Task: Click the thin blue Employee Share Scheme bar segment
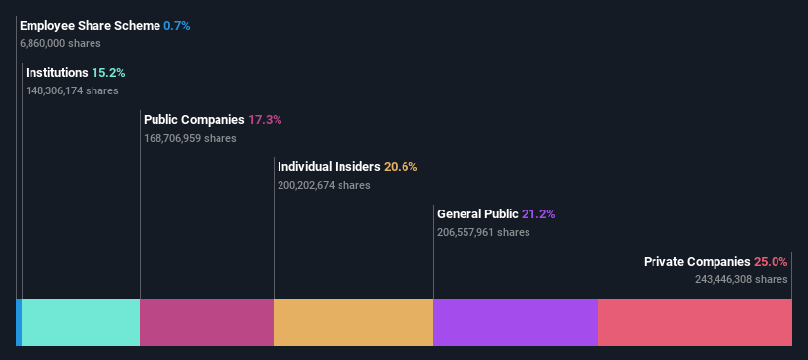tap(19, 323)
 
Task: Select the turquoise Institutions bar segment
tap(81, 323)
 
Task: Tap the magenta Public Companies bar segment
tap(207, 323)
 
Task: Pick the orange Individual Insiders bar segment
tap(353, 323)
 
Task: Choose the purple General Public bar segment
tap(516, 323)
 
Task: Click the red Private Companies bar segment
tap(695, 323)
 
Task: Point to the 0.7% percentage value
tap(177, 26)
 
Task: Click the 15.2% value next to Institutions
tap(108, 73)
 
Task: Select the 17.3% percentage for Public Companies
tap(265, 120)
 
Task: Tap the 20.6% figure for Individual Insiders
tap(401, 167)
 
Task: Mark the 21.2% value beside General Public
tap(552, 214)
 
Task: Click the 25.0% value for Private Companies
tap(771, 262)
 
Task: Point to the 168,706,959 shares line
tap(190, 138)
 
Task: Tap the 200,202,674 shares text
tap(324, 185)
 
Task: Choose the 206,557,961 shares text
tap(483, 232)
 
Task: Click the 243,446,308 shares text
tap(741, 279)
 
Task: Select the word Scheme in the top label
tap(135, 26)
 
